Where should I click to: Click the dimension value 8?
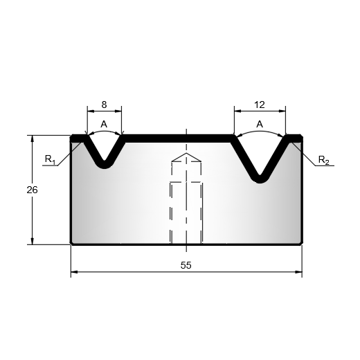pos(104,105)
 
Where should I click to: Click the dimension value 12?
pos(260,105)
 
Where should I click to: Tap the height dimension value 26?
pos(32,190)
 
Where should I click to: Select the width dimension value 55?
pos(186,265)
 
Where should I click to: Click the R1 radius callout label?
pos(50,160)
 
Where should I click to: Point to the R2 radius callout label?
pos(323,160)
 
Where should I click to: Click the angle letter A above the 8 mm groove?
pos(104,124)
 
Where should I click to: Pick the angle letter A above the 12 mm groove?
pos(260,124)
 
